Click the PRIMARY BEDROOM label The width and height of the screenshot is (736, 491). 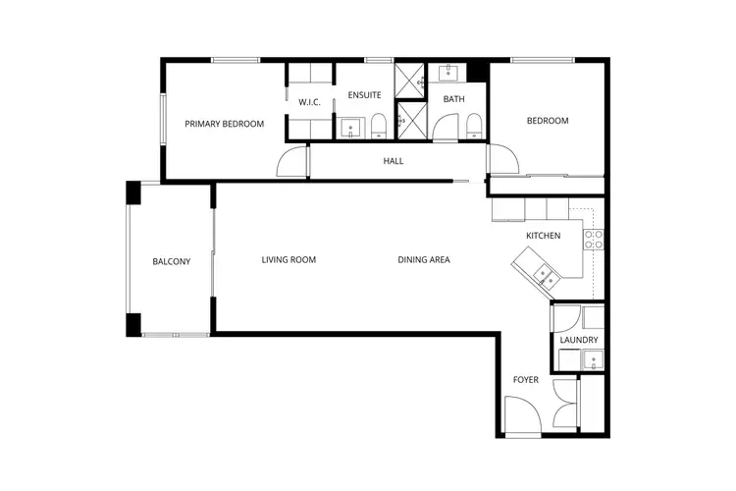[x=225, y=124]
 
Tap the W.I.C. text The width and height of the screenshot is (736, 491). [x=309, y=102]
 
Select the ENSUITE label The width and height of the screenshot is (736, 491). [x=364, y=95]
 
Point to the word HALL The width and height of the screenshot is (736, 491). [x=393, y=161]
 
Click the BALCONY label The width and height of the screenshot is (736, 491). [x=171, y=261]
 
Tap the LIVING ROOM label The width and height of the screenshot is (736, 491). [x=289, y=260]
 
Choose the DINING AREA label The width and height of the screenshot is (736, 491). [x=424, y=260]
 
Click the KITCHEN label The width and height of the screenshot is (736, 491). [x=543, y=236]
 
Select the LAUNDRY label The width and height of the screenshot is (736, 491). [x=579, y=340]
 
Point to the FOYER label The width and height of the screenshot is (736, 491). [x=526, y=379]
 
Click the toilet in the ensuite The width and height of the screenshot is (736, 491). [x=378, y=125]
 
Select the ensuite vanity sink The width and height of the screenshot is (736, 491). [x=350, y=127]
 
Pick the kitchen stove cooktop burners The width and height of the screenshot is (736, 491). [x=593, y=239]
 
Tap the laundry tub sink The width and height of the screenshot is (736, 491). [x=592, y=360]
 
